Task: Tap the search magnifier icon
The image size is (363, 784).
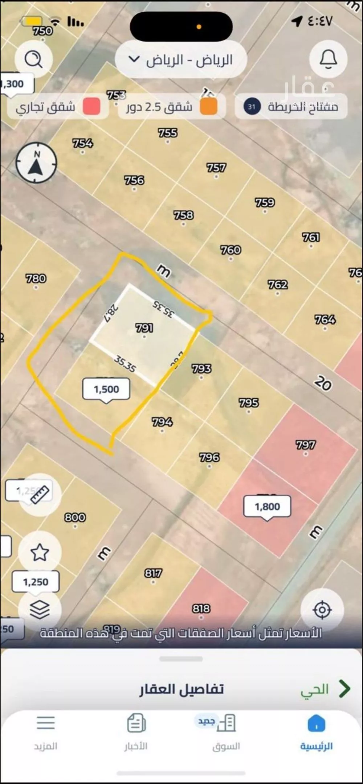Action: pos(34,59)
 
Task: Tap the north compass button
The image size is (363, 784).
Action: pos(36,162)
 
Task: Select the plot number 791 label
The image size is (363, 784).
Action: pos(144,328)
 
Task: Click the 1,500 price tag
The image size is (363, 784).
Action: pos(106,389)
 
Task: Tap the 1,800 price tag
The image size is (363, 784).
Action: pos(267,507)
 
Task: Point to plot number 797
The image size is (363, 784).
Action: pos(306,445)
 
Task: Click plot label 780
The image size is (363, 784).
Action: pos(36,278)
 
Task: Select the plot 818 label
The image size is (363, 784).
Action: pos(201,608)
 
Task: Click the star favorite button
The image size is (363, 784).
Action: pos(40,552)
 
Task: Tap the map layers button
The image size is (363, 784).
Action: pos(40,609)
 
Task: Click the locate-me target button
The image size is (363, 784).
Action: pos(322,610)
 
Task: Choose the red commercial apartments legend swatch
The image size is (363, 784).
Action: pos(91,107)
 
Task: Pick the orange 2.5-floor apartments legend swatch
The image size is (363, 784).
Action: pos(209,107)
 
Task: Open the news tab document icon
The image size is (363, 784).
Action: pos(136,723)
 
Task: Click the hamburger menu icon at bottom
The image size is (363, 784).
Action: pos(46,723)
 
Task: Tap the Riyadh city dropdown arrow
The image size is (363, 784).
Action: pos(134,59)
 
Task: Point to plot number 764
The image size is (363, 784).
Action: pos(325,319)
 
